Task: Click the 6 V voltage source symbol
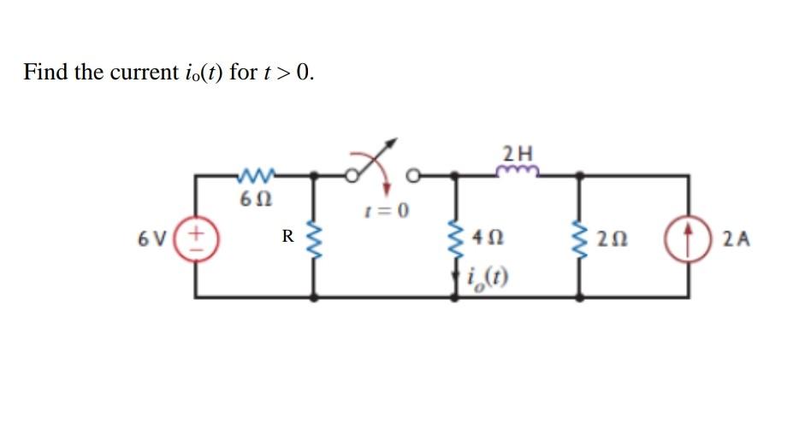pos(196,236)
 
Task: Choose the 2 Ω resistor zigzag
pos(584,238)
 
